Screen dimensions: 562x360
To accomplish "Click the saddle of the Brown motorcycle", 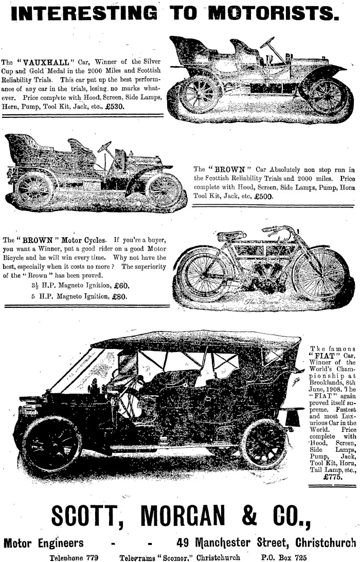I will [x=231, y=236].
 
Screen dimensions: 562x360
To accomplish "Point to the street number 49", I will [x=183, y=543].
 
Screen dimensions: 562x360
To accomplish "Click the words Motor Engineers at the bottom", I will [x=44, y=543].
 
